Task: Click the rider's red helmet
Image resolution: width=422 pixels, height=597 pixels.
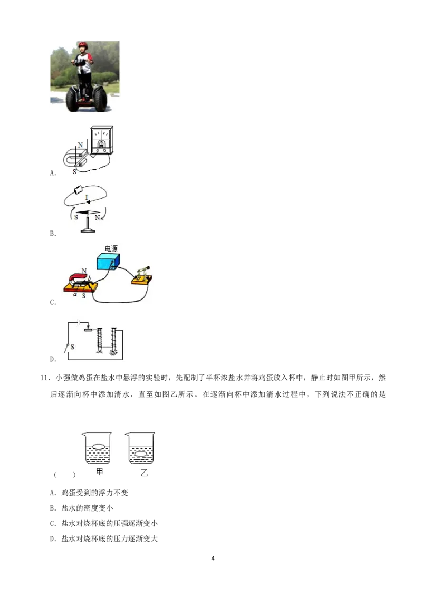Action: click(83, 45)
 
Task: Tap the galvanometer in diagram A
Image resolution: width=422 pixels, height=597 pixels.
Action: click(102, 140)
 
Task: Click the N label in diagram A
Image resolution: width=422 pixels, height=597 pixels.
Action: click(80, 145)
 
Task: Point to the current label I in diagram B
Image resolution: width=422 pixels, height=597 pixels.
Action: click(87, 197)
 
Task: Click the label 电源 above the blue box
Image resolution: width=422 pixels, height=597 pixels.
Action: click(111, 248)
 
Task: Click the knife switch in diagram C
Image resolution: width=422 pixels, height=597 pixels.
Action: click(141, 275)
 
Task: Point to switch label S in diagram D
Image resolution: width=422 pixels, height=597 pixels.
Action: click(72, 347)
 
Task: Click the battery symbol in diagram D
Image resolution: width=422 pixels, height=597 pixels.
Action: click(79, 322)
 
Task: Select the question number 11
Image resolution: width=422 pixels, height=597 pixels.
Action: click(44, 378)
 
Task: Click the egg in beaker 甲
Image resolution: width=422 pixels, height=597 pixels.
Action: click(98, 446)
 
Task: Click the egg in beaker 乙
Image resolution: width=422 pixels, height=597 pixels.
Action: click(140, 454)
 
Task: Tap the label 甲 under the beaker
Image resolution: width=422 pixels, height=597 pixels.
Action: click(99, 471)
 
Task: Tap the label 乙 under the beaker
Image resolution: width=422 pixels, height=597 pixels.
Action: click(144, 473)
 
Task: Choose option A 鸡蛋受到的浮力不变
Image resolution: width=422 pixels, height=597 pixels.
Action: click(89, 493)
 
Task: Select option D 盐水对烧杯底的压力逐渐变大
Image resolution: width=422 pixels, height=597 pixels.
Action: click(103, 539)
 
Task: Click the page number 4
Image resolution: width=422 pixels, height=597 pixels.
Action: click(213, 558)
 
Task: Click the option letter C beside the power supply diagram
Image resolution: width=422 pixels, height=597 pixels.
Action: click(53, 302)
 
